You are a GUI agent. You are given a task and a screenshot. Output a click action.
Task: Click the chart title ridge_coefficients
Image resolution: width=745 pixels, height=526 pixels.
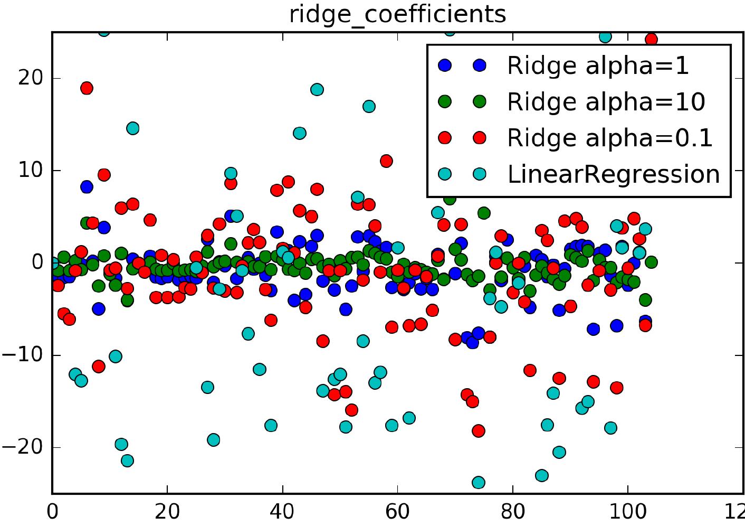[397, 14]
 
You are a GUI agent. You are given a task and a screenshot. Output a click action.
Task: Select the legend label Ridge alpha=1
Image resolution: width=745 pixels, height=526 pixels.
[598, 65]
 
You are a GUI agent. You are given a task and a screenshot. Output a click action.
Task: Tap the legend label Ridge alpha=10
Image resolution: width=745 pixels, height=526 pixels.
[606, 101]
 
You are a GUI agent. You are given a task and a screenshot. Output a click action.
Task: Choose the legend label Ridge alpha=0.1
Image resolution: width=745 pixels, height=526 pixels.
[609, 138]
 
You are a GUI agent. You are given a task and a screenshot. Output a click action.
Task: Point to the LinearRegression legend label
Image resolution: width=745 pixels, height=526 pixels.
[613, 174]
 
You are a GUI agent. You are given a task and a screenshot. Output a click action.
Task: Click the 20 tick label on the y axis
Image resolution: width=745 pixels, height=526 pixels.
[30, 78]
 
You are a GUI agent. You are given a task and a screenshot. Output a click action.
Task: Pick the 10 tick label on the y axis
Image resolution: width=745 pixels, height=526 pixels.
[30, 171]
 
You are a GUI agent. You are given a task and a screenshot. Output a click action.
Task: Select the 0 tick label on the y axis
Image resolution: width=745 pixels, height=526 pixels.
[37, 262]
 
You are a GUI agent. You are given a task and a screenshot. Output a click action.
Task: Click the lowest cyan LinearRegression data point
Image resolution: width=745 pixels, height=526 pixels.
[479, 482]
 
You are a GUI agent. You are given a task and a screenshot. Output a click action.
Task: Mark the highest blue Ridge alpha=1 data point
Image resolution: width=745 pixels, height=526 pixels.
[87, 186]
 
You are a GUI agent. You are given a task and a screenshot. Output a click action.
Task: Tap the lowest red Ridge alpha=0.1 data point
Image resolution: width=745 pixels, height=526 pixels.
[479, 431]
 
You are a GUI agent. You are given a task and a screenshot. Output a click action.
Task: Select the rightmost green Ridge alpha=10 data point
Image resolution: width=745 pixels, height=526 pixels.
[651, 262]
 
